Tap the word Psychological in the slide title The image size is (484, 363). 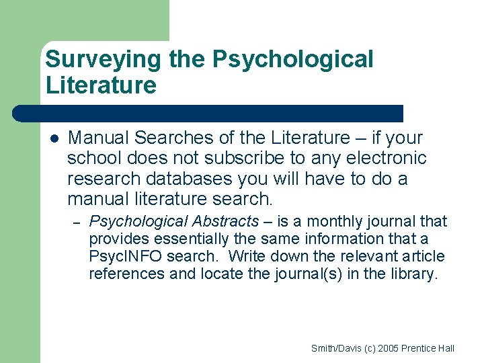coord(292,60)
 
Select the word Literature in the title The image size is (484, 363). coord(101,85)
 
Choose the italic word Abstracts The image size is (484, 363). coord(225,221)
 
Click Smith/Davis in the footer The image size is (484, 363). coord(333,348)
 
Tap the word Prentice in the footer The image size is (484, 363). coord(419,348)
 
